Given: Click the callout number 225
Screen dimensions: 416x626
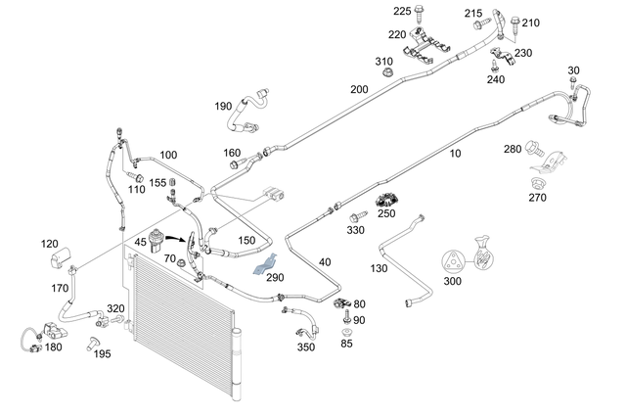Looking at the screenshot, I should [x=375, y=11].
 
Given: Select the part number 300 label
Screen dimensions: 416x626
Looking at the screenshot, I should [x=453, y=281].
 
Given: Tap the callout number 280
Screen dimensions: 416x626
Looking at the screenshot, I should [x=512, y=149].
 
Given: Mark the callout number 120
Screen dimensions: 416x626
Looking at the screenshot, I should [x=50, y=244].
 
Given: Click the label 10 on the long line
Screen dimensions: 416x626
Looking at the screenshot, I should [x=454, y=154].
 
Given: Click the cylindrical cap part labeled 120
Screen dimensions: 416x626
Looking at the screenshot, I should [x=62, y=260].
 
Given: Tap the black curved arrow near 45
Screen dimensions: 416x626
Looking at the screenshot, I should [x=177, y=238].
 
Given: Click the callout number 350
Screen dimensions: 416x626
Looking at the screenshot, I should [x=306, y=347].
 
